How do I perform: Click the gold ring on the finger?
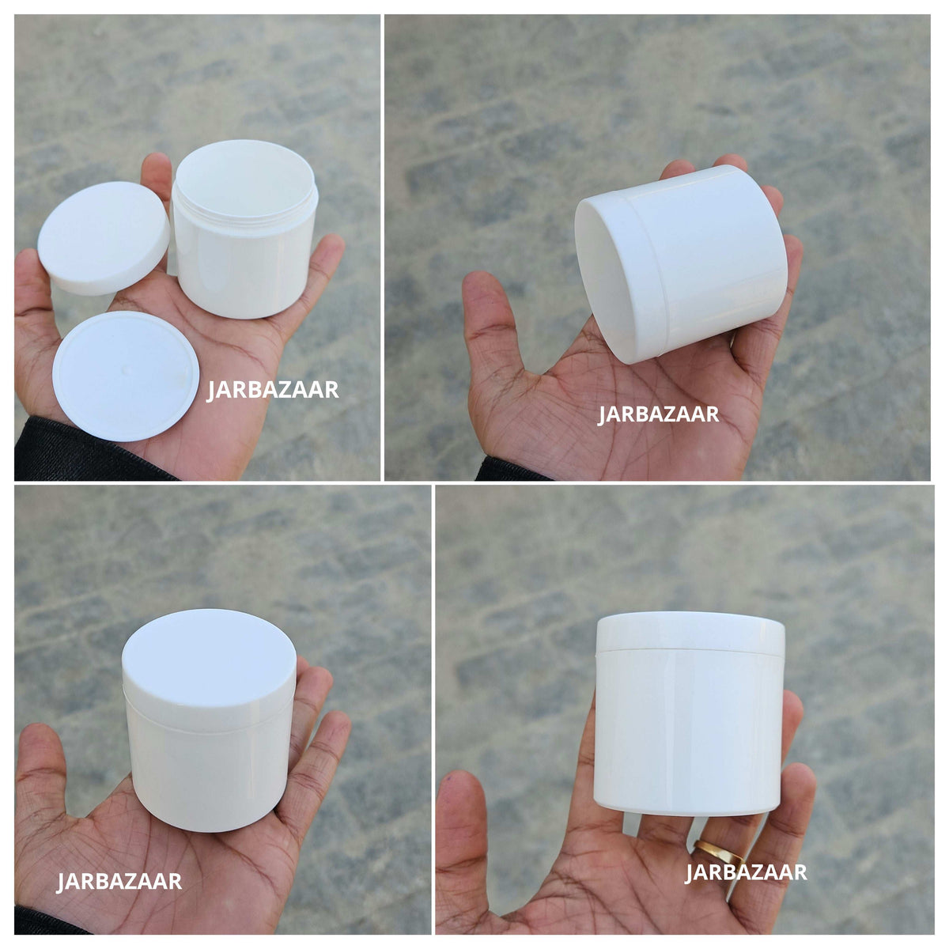click(718, 851)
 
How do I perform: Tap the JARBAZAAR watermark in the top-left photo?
click(273, 390)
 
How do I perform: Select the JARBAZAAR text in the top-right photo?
click(658, 414)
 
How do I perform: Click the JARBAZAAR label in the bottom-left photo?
click(119, 881)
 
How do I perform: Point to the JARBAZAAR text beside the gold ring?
click(746, 872)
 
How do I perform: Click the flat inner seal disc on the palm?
click(126, 376)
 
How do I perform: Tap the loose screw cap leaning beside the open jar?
click(103, 237)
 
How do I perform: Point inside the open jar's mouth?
click(244, 177)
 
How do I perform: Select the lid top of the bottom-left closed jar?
click(209, 656)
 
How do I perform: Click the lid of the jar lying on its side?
click(615, 274)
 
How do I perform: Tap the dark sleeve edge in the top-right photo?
click(512, 471)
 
